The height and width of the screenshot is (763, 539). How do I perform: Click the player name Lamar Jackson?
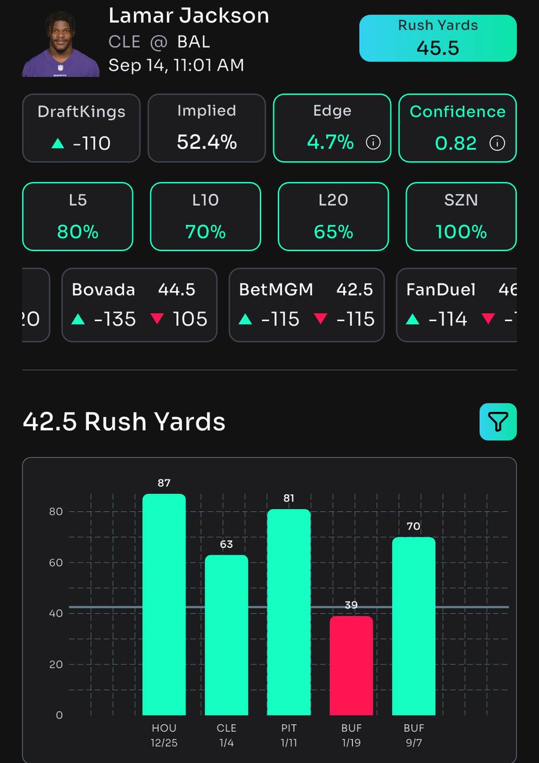(x=189, y=15)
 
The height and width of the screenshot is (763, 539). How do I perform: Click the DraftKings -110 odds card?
(x=82, y=128)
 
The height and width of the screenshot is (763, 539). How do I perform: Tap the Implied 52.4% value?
(x=207, y=142)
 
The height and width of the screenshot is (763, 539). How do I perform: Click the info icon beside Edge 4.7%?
(x=374, y=142)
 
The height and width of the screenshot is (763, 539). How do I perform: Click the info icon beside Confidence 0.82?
(x=497, y=143)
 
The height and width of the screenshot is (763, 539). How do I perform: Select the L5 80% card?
(x=78, y=216)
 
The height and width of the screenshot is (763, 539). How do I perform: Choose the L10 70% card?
(x=205, y=216)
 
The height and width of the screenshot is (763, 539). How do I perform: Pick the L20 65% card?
(x=333, y=216)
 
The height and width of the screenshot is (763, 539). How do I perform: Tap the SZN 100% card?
(x=461, y=216)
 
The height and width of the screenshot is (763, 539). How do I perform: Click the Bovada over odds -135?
(x=106, y=319)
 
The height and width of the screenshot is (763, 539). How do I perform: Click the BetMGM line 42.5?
(x=355, y=290)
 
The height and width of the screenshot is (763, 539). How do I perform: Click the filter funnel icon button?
(x=498, y=422)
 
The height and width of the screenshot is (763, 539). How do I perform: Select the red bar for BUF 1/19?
(x=351, y=665)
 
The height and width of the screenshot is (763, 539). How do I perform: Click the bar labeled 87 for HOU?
(x=164, y=604)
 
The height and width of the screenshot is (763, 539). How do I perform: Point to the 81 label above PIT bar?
(x=289, y=498)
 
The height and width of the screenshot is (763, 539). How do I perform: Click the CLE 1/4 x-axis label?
(x=226, y=734)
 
